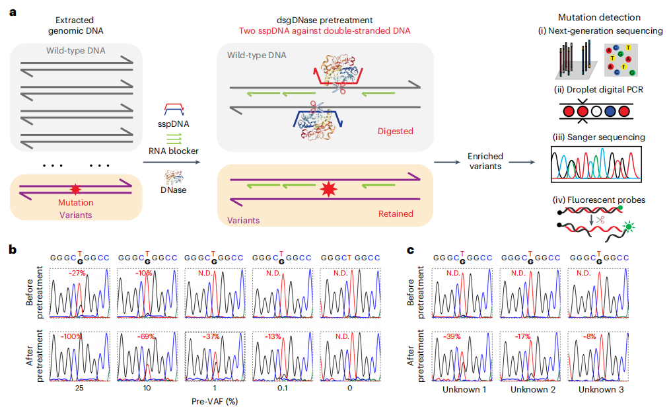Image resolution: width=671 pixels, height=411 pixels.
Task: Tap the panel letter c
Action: [410, 249]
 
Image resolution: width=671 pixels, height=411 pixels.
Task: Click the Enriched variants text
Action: [485, 161]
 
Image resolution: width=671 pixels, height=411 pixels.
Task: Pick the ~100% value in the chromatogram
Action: [73, 337]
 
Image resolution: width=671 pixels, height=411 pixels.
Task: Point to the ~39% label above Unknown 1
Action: [453, 337]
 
